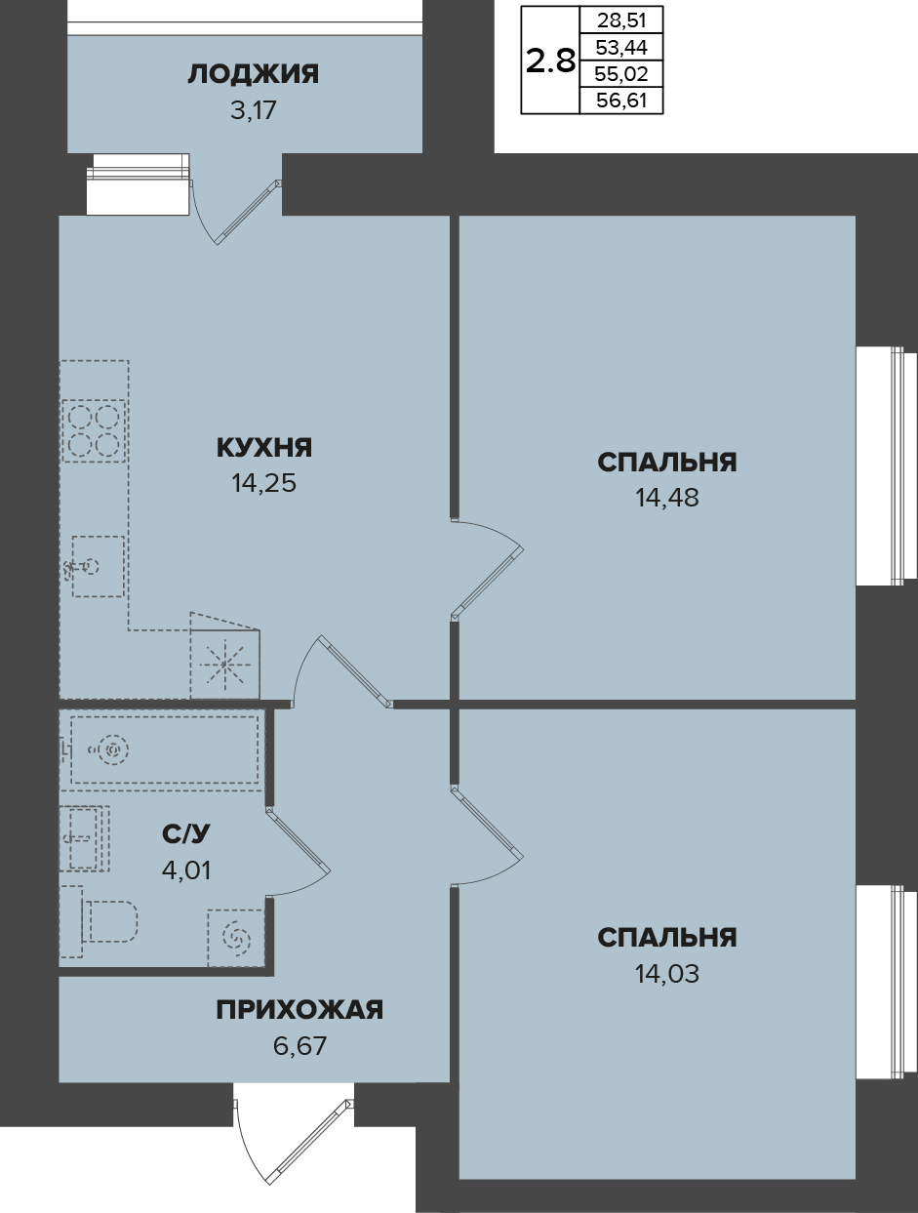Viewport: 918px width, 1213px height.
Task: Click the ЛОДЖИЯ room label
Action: click(x=254, y=74)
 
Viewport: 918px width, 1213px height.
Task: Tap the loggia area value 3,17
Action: click(x=253, y=110)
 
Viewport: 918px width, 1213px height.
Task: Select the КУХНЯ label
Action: click(x=264, y=447)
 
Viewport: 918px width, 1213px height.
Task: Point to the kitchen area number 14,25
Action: click(x=264, y=484)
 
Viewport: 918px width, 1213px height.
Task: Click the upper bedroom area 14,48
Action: click(x=667, y=498)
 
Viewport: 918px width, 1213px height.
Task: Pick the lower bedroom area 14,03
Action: click(x=667, y=974)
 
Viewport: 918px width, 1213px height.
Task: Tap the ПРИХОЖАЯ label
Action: click(x=299, y=1010)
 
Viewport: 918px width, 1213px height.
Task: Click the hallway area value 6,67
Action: click(x=299, y=1046)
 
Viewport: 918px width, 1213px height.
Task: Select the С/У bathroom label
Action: click(x=186, y=834)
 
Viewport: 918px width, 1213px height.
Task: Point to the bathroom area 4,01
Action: click(x=186, y=870)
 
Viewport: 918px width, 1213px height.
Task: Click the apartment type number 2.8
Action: click(x=550, y=61)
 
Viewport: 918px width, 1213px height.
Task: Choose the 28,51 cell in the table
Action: click(x=621, y=21)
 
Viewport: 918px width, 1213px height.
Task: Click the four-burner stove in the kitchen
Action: click(x=94, y=430)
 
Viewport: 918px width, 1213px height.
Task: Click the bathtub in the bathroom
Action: click(x=164, y=749)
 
